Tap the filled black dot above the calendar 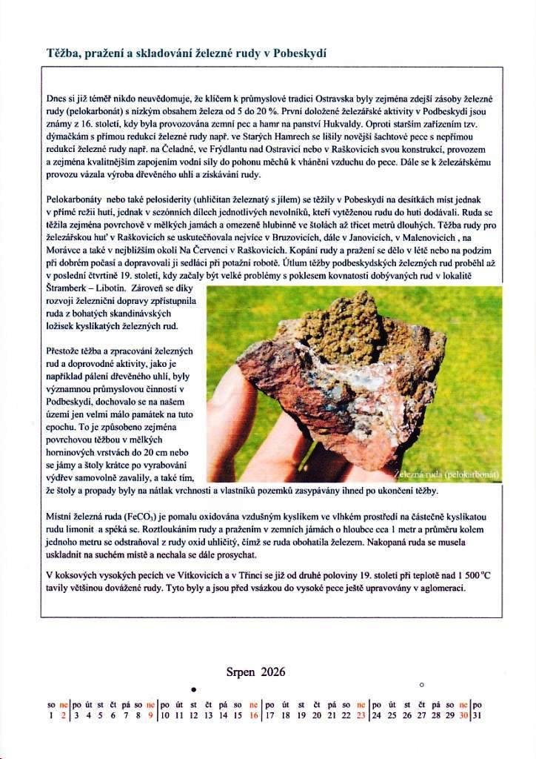194,690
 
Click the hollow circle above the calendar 421,683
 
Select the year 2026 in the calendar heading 272,672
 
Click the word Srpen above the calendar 241,672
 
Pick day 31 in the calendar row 476,715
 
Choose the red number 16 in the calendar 253,715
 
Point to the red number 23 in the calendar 361,715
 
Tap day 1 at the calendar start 51,715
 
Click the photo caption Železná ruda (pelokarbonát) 447,474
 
